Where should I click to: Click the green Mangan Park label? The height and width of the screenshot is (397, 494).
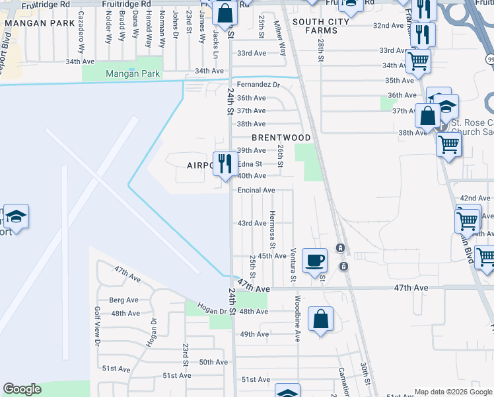[x=133, y=74]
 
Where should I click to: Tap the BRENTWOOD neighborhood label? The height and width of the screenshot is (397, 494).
[x=281, y=138]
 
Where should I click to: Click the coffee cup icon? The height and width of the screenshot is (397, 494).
[x=314, y=259]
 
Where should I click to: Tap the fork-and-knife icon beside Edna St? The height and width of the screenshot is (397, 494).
[x=225, y=163]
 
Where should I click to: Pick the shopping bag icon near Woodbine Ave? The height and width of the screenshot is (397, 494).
[x=320, y=320]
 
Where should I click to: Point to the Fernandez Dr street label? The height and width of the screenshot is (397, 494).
[x=259, y=85]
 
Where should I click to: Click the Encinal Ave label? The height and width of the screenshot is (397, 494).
[x=256, y=191]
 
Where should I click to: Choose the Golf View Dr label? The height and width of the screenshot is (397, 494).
[x=97, y=331]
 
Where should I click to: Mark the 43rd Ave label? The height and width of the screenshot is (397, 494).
[x=252, y=223]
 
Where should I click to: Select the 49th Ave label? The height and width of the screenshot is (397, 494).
[x=254, y=334]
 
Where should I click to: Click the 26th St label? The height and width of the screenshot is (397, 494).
[x=281, y=156]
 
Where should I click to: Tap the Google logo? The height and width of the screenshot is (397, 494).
[x=22, y=389]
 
